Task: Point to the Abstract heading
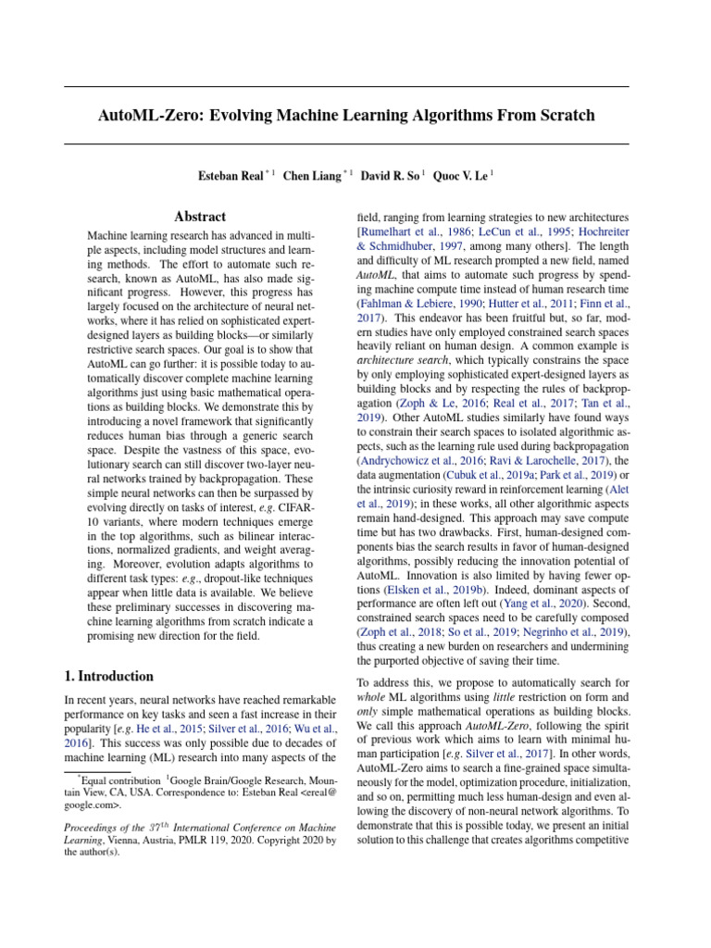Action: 200,217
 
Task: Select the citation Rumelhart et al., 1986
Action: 411,232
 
